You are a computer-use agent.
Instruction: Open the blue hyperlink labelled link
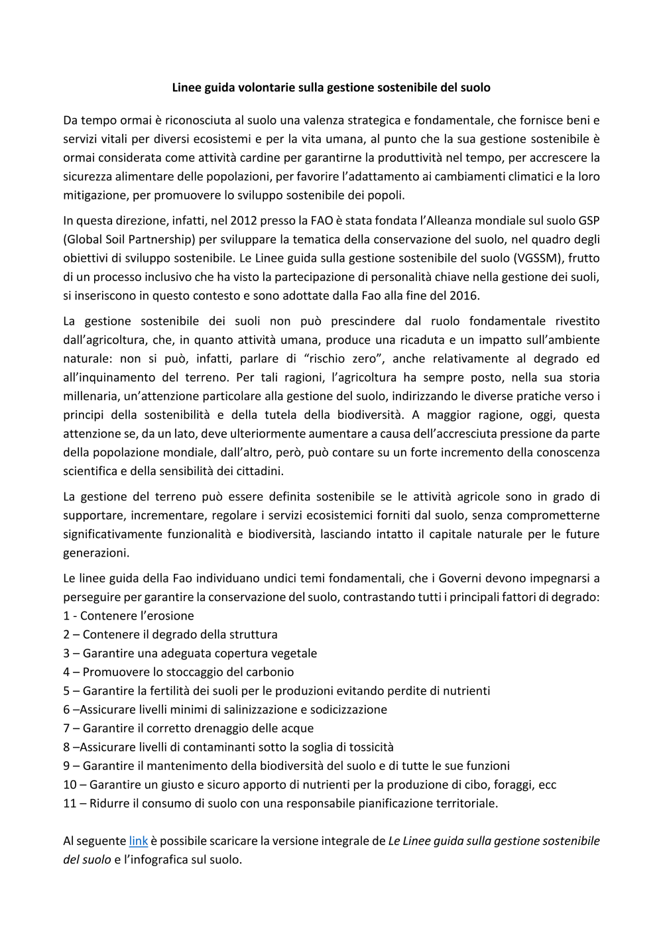(x=138, y=841)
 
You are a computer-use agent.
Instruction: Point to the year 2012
(x=243, y=221)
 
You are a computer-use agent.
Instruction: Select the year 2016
(x=464, y=296)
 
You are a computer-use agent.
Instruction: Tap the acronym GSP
(x=589, y=221)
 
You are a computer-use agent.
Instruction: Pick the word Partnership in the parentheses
(x=146, y=239)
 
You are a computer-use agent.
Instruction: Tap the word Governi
(x=460, y=578)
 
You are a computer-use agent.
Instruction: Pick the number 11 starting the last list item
(x=69, y=803)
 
